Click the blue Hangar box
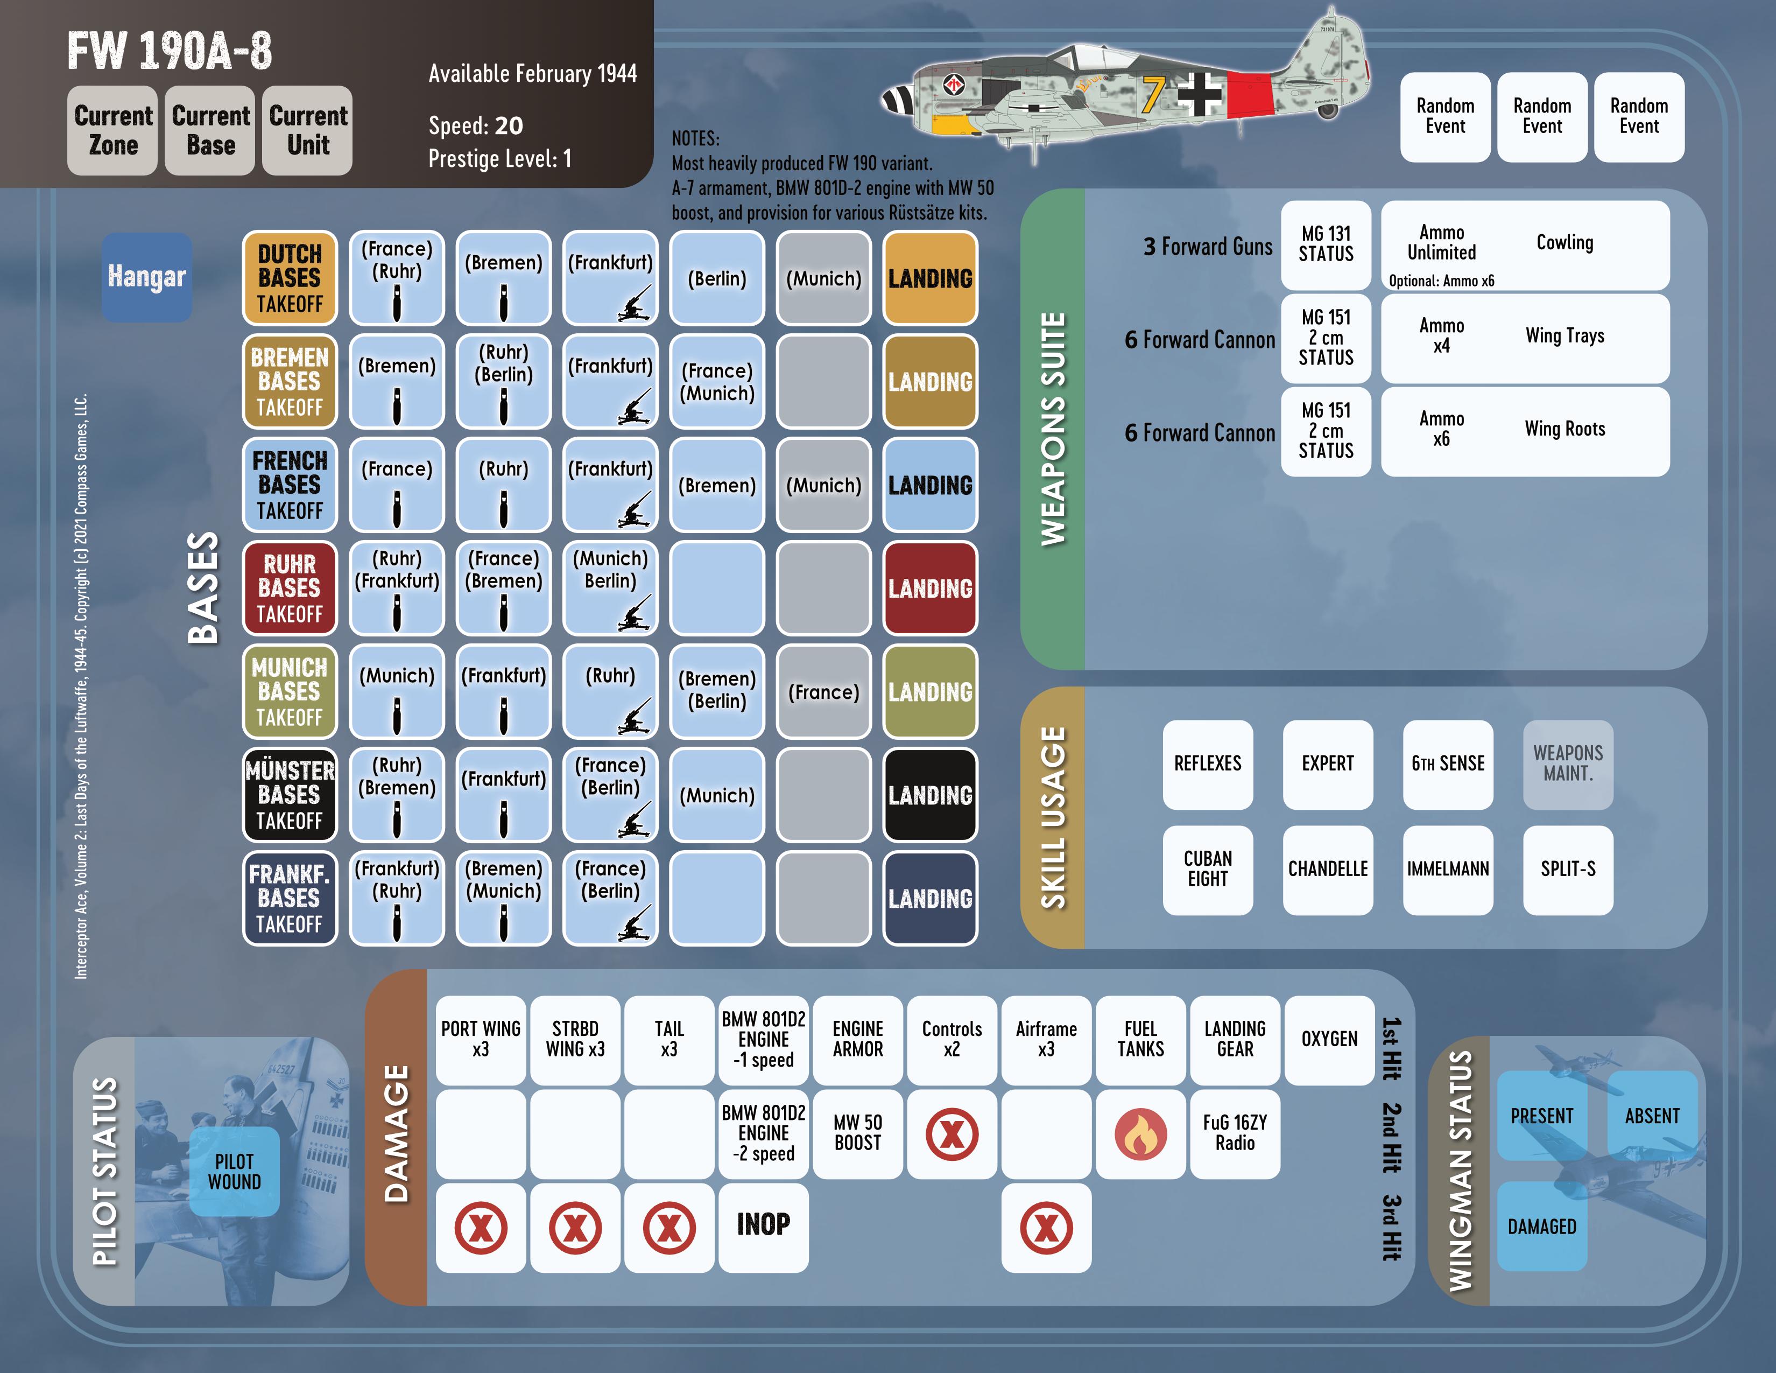click(146, 277)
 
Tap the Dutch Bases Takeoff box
click(290, 278)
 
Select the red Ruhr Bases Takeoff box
click(290, 588)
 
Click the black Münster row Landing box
click(929, 795)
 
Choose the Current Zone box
click(112, 131)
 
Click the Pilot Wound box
click(234, 1171)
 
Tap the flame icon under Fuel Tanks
click(1140, 1134)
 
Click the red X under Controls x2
click(952, 1134)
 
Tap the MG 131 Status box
click(1326, 244)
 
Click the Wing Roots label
click(1564, 429)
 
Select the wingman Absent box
click(1652, 1116)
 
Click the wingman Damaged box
click(1542, 1227)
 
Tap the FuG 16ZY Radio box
click(1235, 1133)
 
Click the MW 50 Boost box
click(857, 1133)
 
